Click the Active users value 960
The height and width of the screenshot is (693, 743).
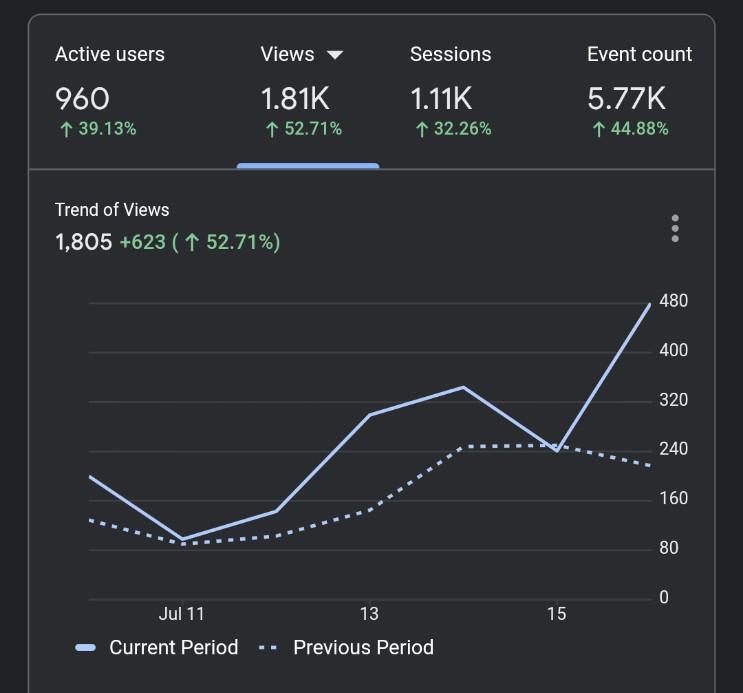[82, 99]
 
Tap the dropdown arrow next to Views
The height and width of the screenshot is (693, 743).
[335, 55]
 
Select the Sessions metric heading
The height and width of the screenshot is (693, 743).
[451, 54]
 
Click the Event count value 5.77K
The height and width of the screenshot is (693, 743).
[626, 99]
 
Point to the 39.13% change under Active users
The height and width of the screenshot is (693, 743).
[98, 128]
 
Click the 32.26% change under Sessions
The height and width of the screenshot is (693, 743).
[453, 128]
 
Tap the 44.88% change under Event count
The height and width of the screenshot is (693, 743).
[630, 128]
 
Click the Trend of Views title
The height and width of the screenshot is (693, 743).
[112, 210]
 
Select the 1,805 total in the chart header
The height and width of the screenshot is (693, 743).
[84, 242]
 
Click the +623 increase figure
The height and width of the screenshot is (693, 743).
[143, 242]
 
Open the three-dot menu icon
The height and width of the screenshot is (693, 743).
[675, 228]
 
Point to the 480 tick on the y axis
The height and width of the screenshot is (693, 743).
[673, 301]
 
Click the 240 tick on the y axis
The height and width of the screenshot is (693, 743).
[673, 448]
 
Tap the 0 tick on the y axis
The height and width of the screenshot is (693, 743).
[664, 597]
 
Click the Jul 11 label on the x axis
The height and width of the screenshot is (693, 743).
[181, 614]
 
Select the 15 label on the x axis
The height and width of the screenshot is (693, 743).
[557, 614]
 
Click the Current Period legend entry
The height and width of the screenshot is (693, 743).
[156, 647]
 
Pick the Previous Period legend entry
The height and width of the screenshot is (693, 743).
[346, 647]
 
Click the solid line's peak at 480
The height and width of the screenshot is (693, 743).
[650, 304]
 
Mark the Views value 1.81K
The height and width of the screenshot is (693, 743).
[295, 99]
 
